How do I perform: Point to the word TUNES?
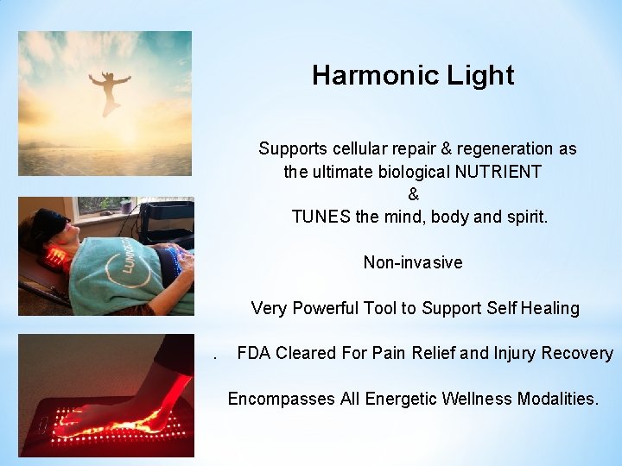(321, 217)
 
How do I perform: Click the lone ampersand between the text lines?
(413, 194)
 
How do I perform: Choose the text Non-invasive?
(413, 262)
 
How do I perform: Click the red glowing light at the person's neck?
(55, 256)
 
